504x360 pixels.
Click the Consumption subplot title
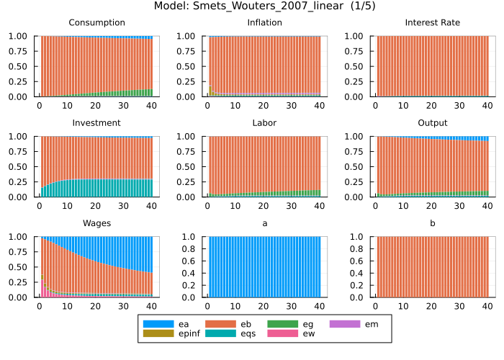96,23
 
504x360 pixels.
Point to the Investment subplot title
96,123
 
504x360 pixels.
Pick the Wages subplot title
96,223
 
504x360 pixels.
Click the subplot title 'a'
264,223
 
